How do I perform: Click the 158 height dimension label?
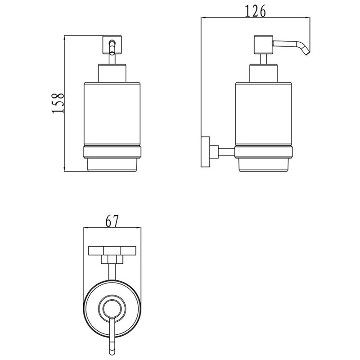[58, 103]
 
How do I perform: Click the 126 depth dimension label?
[255, 11]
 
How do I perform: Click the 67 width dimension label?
[112, 221]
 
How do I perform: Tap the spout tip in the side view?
[306, 53]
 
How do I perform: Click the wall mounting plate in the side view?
[205, 152]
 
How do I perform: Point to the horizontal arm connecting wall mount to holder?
[226, 152]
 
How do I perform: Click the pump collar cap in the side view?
[263, 73]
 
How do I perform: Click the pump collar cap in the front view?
[112, 73]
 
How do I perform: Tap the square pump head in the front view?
[112, 45]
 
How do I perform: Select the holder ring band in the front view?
[112, 152]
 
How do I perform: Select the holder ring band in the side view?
[263, 152]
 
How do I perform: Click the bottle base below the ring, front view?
[112, 164]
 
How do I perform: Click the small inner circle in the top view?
[112, 309]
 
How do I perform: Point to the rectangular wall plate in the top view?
[112, 251]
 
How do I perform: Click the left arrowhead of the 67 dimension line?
[85, 228]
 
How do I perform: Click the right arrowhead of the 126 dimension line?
[307, 17]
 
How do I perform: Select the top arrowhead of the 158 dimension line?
[64, 38]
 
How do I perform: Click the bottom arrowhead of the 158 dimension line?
[64, 169]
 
